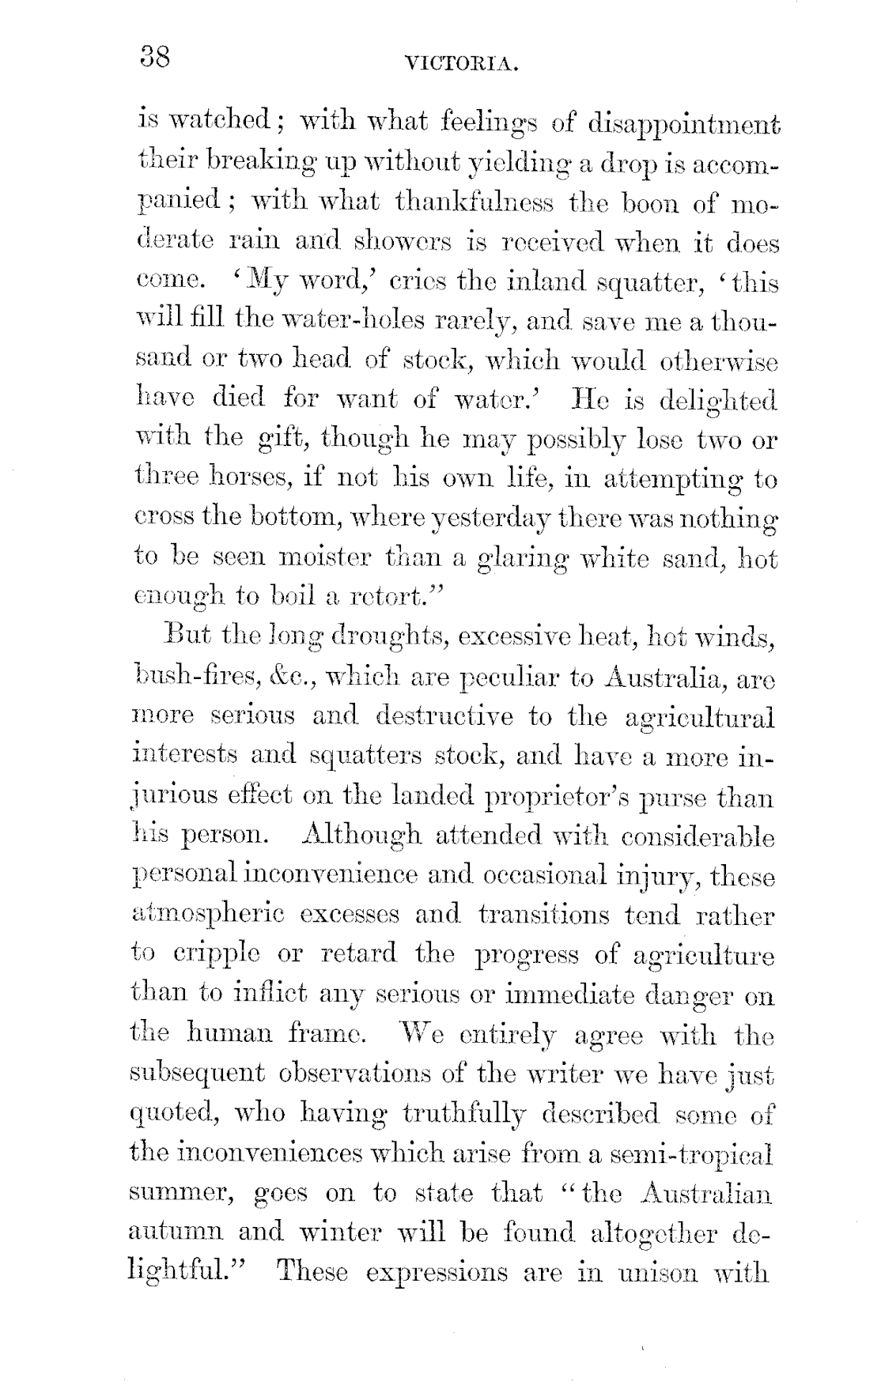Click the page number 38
coord(156,58)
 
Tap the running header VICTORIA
coord(461,64)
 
